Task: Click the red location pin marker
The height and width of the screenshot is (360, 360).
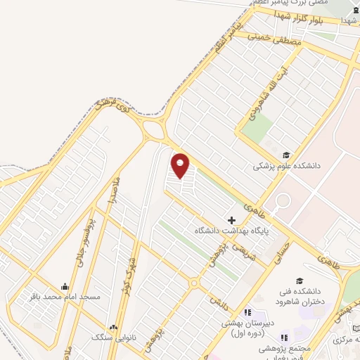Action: pyautogui.click(x=181, y=165)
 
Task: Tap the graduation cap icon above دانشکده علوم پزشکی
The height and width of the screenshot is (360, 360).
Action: pyautogui.click(x=286, y=155)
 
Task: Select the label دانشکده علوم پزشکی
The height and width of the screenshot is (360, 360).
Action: pyautogui.click(x=286, y=167)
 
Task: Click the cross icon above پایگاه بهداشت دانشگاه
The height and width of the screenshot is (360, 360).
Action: pyautogui.click(x=232, y=220)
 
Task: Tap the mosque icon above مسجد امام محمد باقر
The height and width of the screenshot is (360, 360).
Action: pyautogui.click(x=65, y=286)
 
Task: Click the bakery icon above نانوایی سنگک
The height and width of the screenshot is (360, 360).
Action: pyautogui.click(x=114, y=326)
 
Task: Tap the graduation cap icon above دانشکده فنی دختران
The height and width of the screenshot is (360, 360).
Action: pyautogui.click(x=300, y=281)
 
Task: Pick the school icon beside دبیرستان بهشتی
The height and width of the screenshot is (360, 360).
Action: pyautogui.click(x=247, y=313)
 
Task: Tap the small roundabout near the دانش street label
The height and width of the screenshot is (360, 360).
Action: pyautogui.click(x=193, y=283)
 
